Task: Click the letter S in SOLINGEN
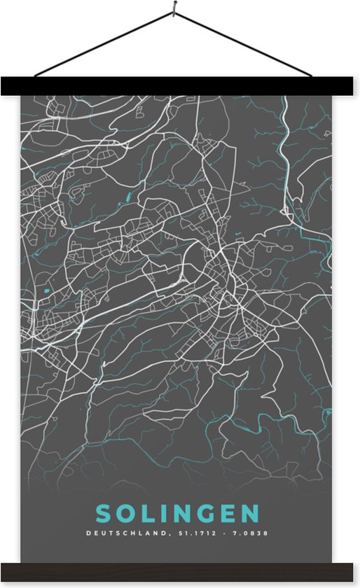click(104, 514)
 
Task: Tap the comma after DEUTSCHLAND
click(168, 535)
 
